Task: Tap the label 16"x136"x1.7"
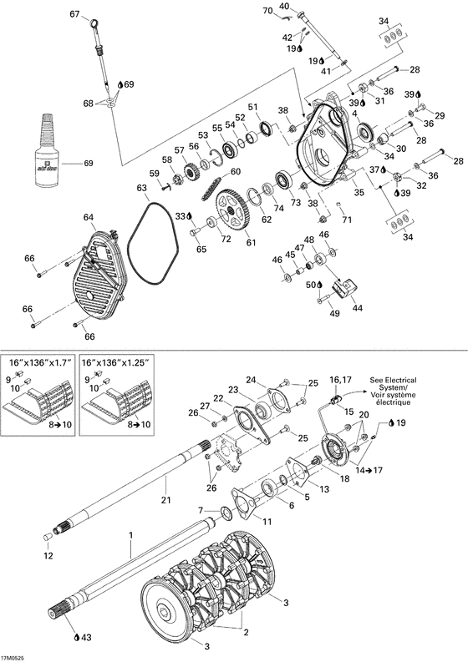pos(37,364)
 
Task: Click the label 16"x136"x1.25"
pos(114,364)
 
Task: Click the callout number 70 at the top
pos(268,11)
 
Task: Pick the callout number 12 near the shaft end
pos(47,556)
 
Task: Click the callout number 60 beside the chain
pos(235,172)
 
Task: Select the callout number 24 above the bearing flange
pos(251,380)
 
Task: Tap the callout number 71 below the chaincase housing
pos(347,220)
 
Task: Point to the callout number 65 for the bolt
pos(201,249)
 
